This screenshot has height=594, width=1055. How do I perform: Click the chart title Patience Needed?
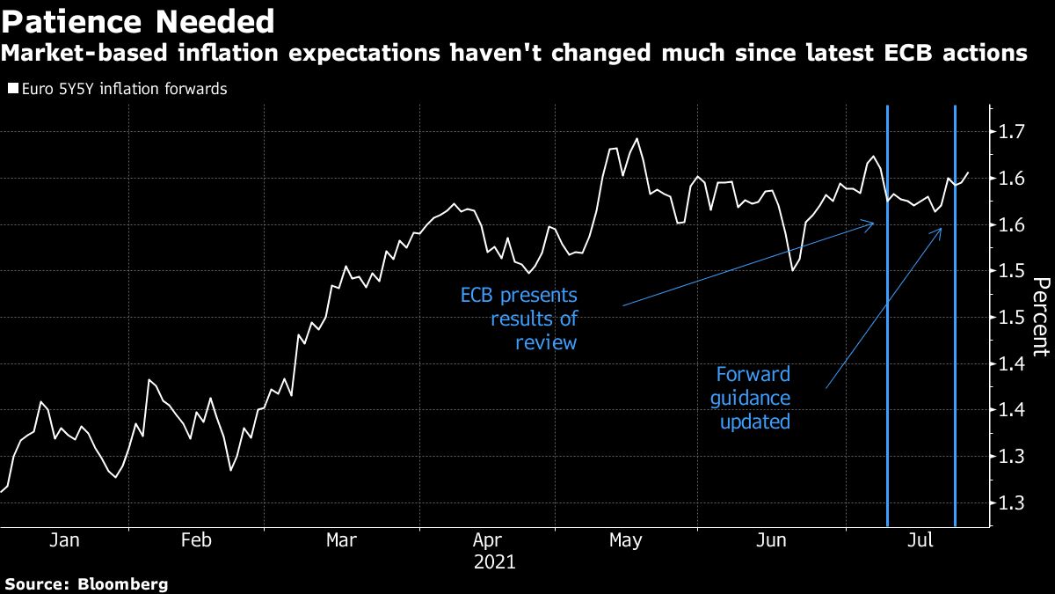point(138,20)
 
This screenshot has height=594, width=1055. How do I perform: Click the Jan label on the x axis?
point(64,539)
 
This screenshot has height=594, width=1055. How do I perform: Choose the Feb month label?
point(195,539)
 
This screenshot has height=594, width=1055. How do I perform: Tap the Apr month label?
point(488,539)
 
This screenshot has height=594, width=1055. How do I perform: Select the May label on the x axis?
point(625,539)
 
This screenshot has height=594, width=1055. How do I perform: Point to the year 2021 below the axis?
point(494,561)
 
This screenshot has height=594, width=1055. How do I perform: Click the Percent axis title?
point(1040,317)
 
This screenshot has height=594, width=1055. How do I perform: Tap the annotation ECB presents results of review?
point(520,318)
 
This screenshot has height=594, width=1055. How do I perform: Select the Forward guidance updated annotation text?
point(754,398)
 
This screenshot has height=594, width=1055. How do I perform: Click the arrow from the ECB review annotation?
point(747,264)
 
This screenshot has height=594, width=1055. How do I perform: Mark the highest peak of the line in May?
point(636,138)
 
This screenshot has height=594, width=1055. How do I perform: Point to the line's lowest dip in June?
point(793,269)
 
